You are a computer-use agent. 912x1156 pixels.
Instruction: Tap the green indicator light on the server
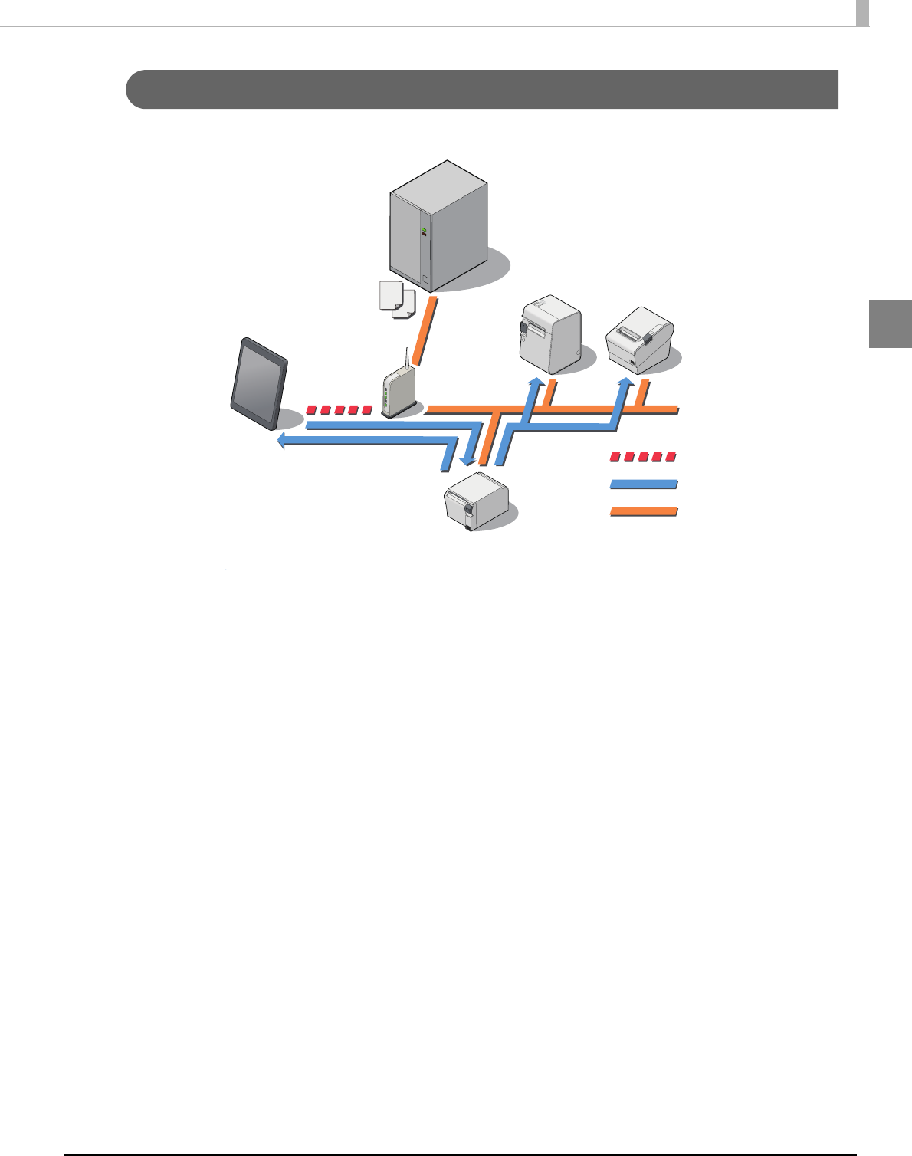(x=422, y=229)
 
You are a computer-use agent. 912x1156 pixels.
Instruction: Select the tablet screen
(x=259, y=383)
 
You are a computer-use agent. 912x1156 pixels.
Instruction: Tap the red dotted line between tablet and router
(x=338, y=410)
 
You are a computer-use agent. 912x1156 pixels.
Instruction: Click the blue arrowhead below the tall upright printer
(x=537, y=381)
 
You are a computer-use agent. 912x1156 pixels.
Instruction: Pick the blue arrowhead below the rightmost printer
(x=627, y=381)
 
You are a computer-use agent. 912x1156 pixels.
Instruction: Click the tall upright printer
(x=549, y=335)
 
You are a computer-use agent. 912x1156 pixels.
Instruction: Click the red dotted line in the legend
(x=643, y=457)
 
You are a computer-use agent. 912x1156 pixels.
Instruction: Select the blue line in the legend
(x=643, y=484)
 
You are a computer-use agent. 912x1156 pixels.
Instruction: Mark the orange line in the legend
(x=643, y=511)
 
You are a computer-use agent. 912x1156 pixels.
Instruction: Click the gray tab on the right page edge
(x=891, y=324)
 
